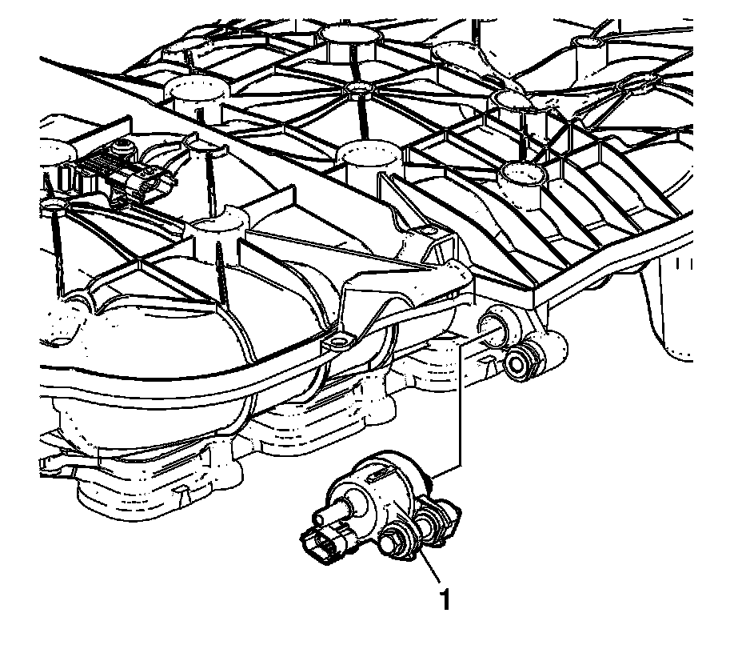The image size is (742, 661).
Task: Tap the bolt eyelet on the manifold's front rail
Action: coord(337,343)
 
